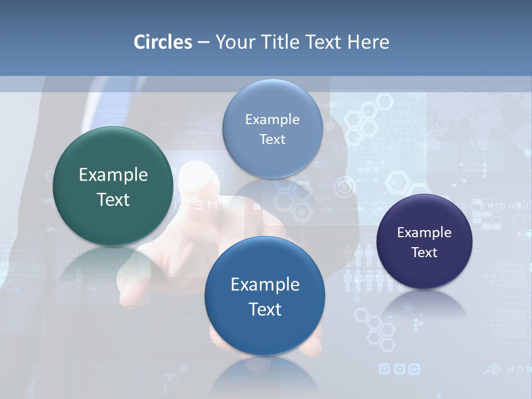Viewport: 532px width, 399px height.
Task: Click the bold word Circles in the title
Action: [x=163, y=42]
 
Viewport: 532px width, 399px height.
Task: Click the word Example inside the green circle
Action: [x=113, y=175]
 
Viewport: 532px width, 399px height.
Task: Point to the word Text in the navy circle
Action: [x=424, y=253]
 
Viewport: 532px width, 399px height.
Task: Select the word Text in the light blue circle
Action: [x=273, y=140]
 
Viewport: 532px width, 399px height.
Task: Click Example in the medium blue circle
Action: [x=265, y=285]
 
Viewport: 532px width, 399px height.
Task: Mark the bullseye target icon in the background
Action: [x=345, y=187]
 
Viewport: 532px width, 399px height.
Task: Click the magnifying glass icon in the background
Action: [x=490, y=370]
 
